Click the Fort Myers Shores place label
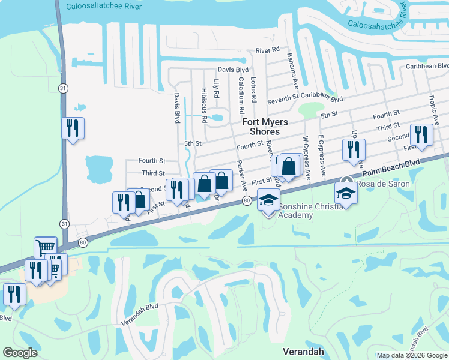click(265, 127)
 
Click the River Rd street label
click(268, 50)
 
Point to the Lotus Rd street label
click(254, 89)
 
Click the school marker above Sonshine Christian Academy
click(269, 199)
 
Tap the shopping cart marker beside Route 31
click(46, 247)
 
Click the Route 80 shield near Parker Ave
click(247, 200)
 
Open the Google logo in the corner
click(20, 352)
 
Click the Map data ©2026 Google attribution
click(412, 355)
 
